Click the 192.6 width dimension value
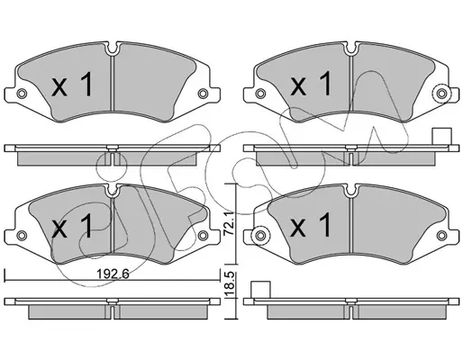point(113,274)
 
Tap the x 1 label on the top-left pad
point(72,85)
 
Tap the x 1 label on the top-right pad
point(311,84)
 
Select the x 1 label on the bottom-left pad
point(72,227)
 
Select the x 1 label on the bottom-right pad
point(311,225)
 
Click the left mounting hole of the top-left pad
point(22,94)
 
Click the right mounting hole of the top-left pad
point(203,94)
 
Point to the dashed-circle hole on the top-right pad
point(441,94)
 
